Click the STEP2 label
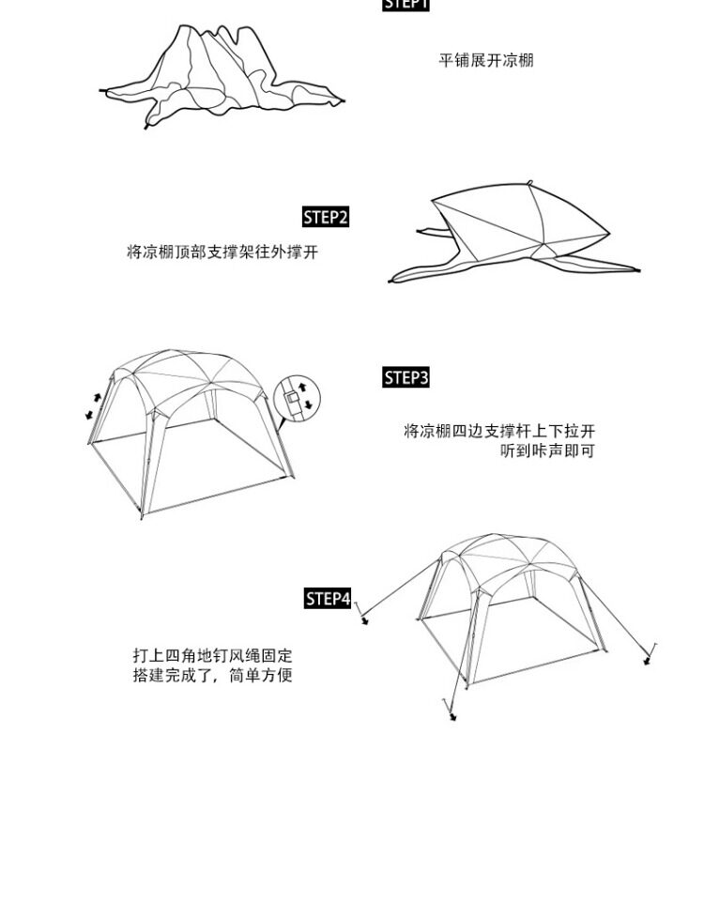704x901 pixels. point(326,218)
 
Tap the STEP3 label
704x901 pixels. point(406,378)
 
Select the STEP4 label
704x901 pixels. point(328,599)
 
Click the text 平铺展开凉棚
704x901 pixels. point(486,61)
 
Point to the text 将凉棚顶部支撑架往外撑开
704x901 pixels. point(222,252)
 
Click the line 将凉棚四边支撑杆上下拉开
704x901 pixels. point(499,432)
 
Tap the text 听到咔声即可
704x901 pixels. point(547,451)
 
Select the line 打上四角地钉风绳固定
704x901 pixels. point(212,656)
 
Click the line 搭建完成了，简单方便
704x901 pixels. point(212,676)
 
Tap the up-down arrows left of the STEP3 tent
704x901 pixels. point(93,405)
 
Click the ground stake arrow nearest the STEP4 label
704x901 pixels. point(364,618)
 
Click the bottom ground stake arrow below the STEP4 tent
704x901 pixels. point(453,717)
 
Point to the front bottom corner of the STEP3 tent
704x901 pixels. point(142,515)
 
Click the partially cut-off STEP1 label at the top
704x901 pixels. point(406,4)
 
